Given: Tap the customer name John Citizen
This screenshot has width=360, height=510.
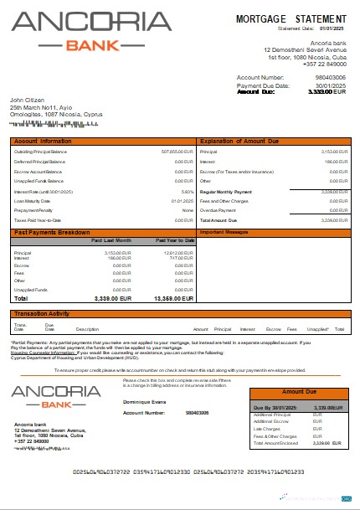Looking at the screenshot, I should click(27, 100).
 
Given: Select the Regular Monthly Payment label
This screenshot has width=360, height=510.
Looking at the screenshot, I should click(227, 191).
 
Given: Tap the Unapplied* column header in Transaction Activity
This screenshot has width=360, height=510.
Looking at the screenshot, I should click(318, 329).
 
